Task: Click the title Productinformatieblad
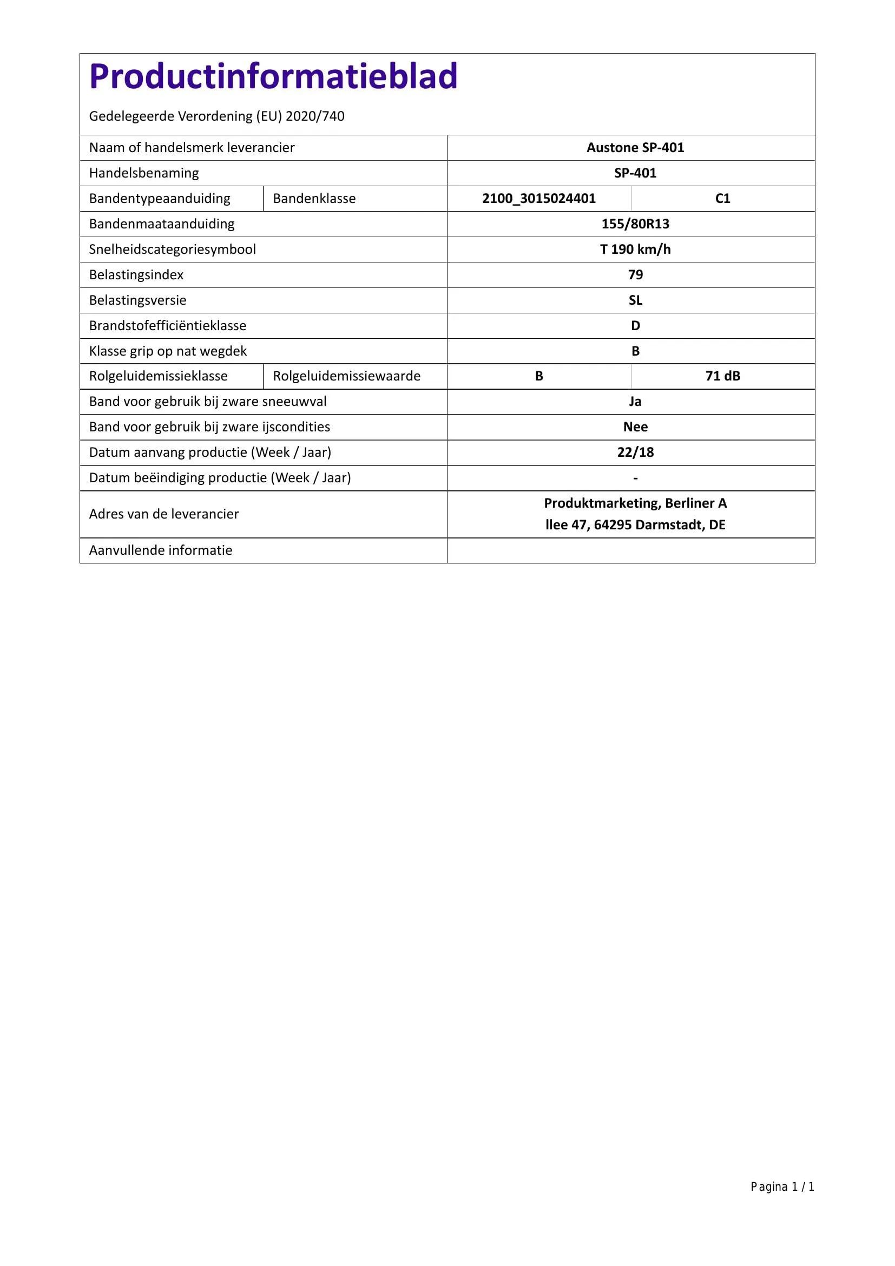[273, 76]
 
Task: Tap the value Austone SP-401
[635, 148]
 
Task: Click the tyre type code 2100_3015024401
[538, 199]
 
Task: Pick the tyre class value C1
[722, 199]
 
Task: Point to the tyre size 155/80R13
[635, 224]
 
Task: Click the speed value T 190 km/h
[635, 249]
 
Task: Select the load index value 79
[635, 274]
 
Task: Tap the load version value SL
[635, 300]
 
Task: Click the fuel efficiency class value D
[635, 325]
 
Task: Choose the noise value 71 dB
[722, 376]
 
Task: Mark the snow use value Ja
[635, 402]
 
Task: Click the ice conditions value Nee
[635, 427]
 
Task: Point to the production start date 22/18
[635, 452]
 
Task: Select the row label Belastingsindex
[136, 274]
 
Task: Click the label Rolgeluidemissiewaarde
[346, 376]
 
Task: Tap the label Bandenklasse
[314, 199]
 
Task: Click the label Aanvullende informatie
[160, 550]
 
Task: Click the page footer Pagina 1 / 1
[782, 1186]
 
